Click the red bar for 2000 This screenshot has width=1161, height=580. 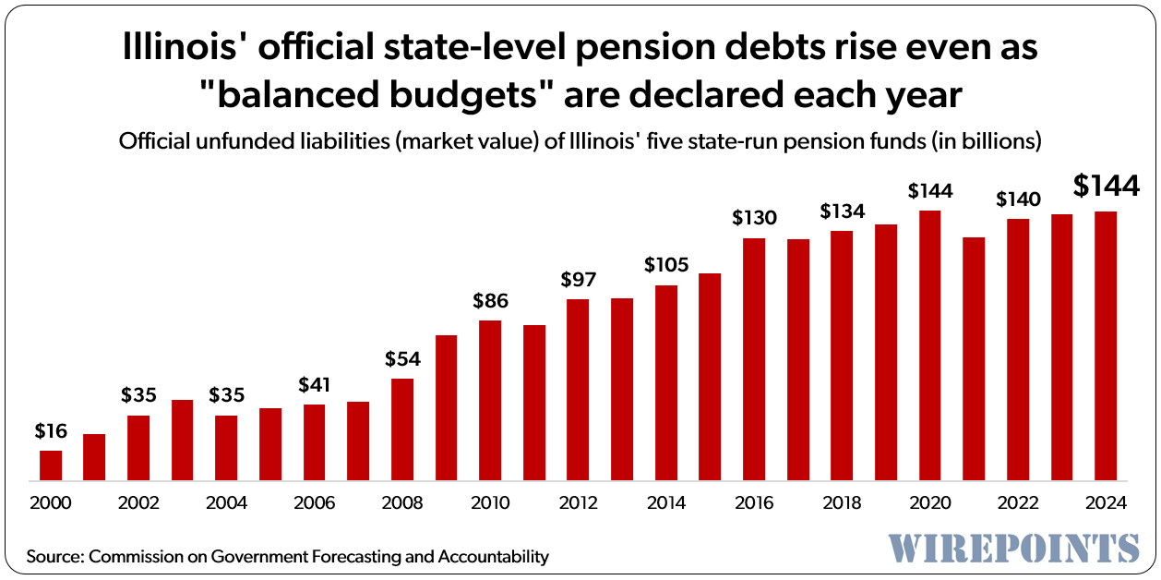point(51,465)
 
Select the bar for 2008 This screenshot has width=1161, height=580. point(402,429)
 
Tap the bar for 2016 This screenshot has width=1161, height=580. point(754,359)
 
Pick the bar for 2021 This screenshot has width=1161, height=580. point(974,358)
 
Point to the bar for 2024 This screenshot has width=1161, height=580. point(1106,346)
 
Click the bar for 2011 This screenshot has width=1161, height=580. point(534,403)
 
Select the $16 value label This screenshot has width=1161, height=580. point(51,430)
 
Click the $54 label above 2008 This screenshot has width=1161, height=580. point(402,358)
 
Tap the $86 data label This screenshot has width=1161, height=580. point(490,300)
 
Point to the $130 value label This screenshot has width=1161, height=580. point(754,218)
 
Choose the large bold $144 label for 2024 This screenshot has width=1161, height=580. point(1107,187)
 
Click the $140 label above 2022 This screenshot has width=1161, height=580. point(1018,199)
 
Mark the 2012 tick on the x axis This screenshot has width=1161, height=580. point(579,503)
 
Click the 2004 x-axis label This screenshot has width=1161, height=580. point(226,503)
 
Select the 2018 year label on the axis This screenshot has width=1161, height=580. point(842,503)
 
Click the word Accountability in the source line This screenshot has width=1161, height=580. point(494,557)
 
